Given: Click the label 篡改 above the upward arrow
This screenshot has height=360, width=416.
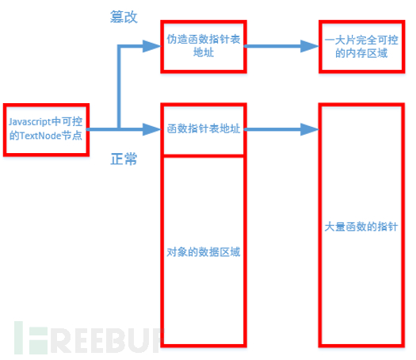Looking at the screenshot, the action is (124, 17).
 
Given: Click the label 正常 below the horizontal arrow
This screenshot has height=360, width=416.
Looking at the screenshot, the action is (124, 159).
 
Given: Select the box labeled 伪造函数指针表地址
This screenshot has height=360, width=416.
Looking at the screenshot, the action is (204, 47).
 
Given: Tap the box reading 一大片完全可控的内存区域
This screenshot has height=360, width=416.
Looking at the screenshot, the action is (362, 47).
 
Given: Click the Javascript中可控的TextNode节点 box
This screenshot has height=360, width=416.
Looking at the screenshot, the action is (46, 130).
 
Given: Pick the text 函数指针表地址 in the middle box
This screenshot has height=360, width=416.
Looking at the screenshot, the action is (204, 128).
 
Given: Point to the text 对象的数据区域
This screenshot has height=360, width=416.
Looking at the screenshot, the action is (204, 252).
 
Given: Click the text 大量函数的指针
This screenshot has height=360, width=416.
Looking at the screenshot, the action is (361, 227).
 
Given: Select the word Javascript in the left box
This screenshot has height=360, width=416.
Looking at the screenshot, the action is (30, 122).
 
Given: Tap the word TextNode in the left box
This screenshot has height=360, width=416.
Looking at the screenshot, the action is (40, 136).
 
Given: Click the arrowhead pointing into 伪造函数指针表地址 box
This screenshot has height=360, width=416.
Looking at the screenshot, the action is (152, 46).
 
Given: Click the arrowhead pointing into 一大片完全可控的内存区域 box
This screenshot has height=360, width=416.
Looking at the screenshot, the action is (309, 46).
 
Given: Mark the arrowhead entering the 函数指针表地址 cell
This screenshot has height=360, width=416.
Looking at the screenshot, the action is (152, 129).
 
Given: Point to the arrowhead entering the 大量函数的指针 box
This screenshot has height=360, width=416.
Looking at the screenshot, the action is (309, 129).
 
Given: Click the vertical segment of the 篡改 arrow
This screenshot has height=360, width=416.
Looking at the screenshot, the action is (119, 87).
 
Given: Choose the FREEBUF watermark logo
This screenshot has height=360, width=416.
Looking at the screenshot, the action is (89, 338).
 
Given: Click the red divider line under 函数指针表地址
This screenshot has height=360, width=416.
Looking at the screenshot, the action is (204, 156).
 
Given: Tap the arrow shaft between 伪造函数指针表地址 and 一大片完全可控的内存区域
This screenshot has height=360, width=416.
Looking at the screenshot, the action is (273, 46).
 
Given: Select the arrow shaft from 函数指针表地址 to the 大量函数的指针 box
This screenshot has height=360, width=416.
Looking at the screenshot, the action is (273, 129).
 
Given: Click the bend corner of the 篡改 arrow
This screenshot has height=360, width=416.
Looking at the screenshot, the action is (119, 47).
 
